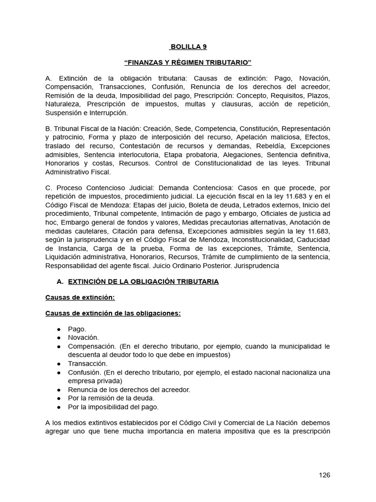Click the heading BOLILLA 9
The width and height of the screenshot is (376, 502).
(x=188, y=47)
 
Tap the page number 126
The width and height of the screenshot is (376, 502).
(x=324, y=475)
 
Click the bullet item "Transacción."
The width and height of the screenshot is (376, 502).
(x=88, y=363)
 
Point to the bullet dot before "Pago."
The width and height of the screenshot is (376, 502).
(x=59, y=329)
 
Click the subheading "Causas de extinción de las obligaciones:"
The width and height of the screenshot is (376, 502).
(x=113, y=313)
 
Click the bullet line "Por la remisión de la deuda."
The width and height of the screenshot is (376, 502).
(x=111, y=398)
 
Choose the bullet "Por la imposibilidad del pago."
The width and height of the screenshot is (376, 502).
(x=114, y=407)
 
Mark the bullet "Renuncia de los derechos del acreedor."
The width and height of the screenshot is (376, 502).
(x=129, y=389)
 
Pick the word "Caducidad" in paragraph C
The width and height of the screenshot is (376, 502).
(x=313, y=239)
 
